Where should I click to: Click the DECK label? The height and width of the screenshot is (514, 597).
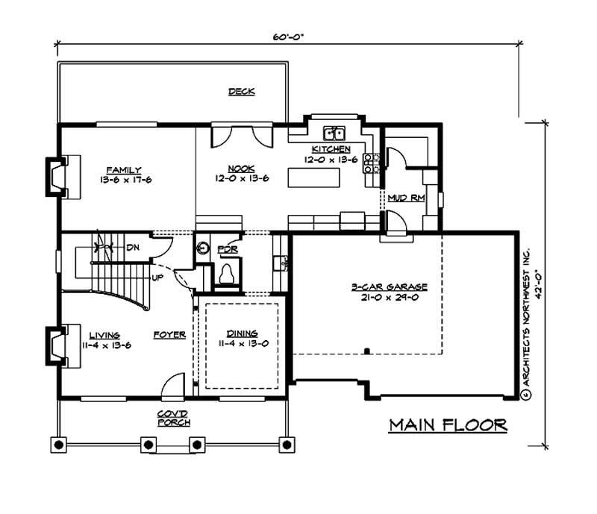(x=241, y=92)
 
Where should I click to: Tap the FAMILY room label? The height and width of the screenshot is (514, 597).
(x=123, y=170)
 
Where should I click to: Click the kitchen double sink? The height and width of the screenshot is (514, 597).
(x=334, y=134)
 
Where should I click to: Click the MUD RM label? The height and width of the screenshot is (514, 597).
(x=405, y=198)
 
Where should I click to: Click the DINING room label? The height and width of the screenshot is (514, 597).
(x=238, y=333)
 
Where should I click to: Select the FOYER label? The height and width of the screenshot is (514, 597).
(x=169, y=335)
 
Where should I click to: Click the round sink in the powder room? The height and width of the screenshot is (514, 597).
(x=202, y=249)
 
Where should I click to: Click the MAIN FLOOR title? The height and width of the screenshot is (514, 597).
(x=448, y=425)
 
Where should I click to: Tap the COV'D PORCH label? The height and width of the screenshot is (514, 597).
(x=173, y=418)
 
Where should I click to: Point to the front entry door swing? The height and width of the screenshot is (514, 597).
(x=172, y=386)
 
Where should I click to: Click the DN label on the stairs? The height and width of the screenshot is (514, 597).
(x=131, y=247)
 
